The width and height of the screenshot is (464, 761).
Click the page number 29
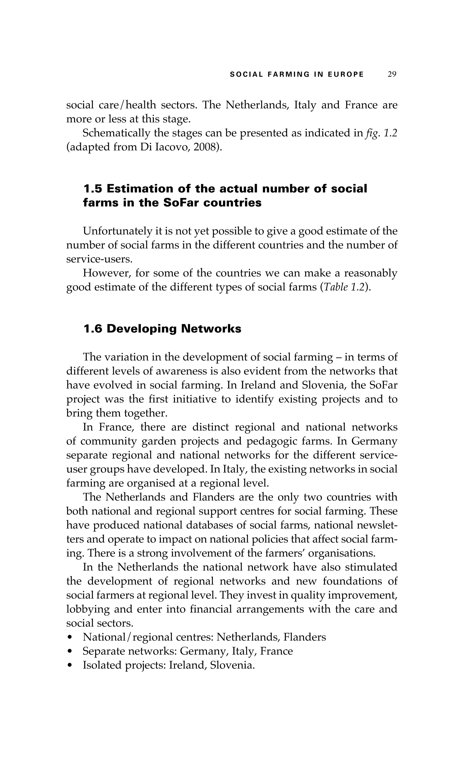pos(392,74)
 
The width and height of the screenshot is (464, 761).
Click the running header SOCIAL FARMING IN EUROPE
pos(297,74)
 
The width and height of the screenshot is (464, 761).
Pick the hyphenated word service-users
pos(99,259)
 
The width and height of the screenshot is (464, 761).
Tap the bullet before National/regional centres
pos(71,638)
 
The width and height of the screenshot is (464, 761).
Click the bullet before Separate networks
pos(71,651)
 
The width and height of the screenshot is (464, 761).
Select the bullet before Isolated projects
pos(71,666)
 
